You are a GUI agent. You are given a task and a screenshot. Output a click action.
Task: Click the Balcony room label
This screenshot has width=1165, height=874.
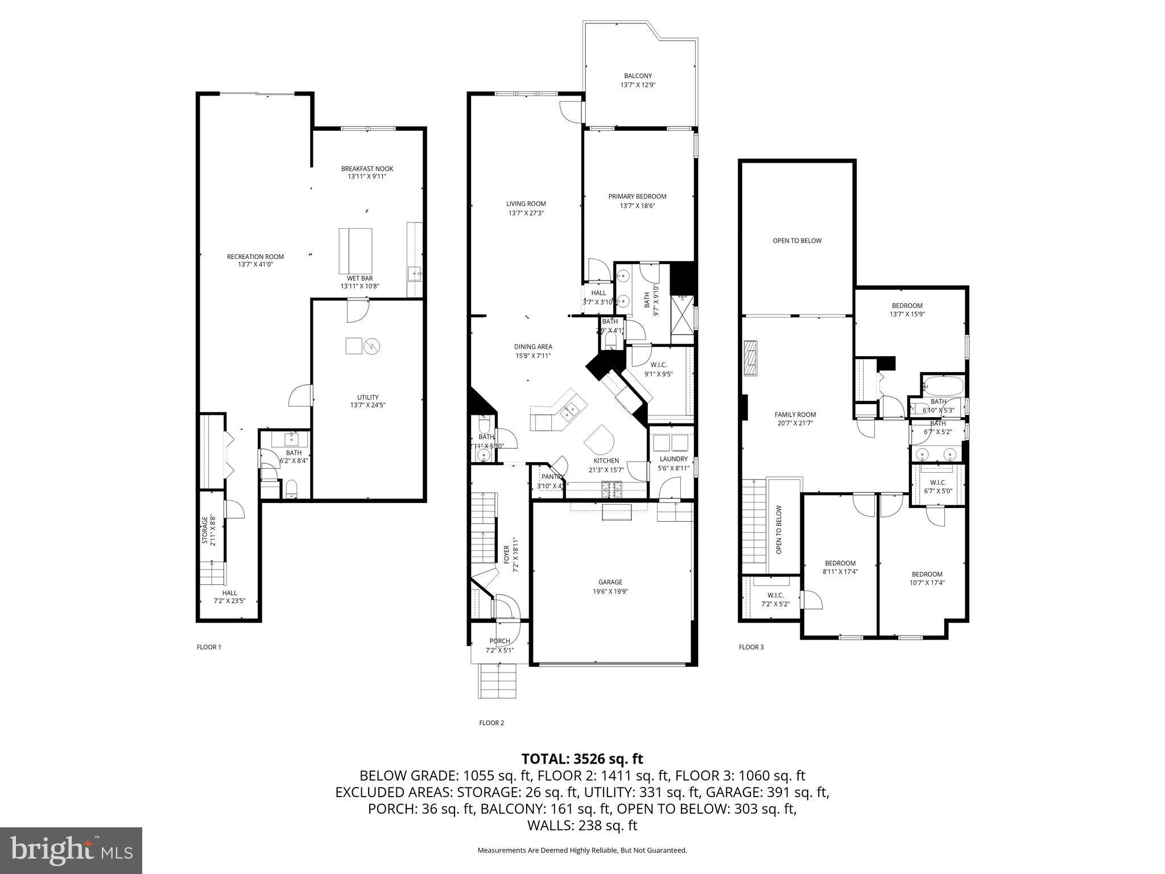click(638, 76)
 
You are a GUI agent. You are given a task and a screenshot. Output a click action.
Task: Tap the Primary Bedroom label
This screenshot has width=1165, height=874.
click(637, 196)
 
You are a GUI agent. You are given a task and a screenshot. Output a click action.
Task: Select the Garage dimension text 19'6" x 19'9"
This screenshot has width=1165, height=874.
click(610, 591)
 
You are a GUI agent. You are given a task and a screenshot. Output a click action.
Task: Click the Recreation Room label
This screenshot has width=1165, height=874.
click(255, 257)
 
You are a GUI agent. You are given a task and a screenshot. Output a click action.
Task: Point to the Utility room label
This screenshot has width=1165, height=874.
click(367, 397)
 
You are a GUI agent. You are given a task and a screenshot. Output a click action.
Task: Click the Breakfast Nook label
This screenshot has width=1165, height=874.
click(367, 168)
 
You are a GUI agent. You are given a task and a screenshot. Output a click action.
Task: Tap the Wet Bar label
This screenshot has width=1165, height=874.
click(360, 278)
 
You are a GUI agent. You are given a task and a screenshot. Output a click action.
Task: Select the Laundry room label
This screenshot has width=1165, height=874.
click(674, 459)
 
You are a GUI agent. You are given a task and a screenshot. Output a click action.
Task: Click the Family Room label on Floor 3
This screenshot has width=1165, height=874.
click(795, 415)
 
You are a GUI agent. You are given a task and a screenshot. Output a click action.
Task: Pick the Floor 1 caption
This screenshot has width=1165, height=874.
click(209, 647)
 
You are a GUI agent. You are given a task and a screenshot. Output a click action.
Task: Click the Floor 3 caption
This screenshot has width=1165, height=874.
click(751, 647)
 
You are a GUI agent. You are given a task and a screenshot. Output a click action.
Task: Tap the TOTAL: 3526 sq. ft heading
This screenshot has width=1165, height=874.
click(582, 758)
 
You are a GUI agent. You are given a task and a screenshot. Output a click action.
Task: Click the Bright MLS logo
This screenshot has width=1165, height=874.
click(71, 851)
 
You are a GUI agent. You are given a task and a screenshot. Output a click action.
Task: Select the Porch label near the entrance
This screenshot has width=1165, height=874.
click(499, 641)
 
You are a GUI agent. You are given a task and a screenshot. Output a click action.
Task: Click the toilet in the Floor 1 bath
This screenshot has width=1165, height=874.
click(291, 488)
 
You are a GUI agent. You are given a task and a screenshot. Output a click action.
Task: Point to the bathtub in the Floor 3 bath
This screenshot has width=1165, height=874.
click(943, 386)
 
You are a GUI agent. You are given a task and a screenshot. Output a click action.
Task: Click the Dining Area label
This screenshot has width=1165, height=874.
click(533, 347)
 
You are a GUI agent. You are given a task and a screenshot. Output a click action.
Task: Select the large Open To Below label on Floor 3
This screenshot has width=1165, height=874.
click(797, 241)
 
